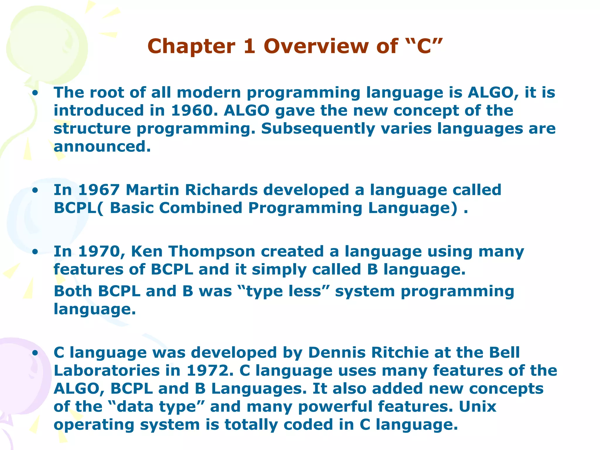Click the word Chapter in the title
(x=191, y=46)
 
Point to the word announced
(x=102, y=146)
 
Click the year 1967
(x=99, y=190)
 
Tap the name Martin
(x=152, y=190)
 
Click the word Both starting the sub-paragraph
(x=73, y=291)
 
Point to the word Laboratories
(x=107, y=371)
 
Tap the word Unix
(x=477, y=407)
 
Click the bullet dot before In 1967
(x=35, y=191)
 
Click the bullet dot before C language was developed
(x=35, y=353)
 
